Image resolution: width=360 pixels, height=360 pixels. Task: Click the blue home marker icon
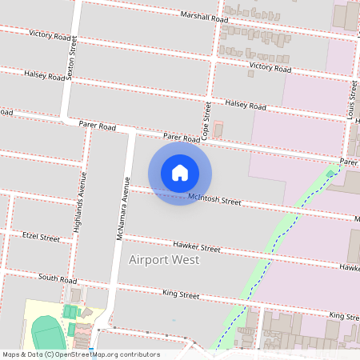click(180, 172)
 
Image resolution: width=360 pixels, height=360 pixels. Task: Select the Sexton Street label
click(73, 57)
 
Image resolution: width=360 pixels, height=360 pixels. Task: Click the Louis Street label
click(351, 100)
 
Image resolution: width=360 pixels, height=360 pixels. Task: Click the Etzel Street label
click(42, 238)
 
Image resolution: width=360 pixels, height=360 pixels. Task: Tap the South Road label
click(58, 278)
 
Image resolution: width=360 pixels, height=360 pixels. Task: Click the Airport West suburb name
click(164, 260)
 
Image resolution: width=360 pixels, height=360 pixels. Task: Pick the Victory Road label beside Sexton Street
click(50, 35)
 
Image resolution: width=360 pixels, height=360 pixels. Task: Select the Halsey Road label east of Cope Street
click(246, 105)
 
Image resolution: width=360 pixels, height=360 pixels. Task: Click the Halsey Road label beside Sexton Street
click(45, 76)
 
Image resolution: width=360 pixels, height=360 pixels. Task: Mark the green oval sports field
click(46, 331)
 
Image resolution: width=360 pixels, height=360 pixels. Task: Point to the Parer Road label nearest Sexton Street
click(98, 126)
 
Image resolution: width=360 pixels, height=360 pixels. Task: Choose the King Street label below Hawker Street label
click(180, 294)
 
